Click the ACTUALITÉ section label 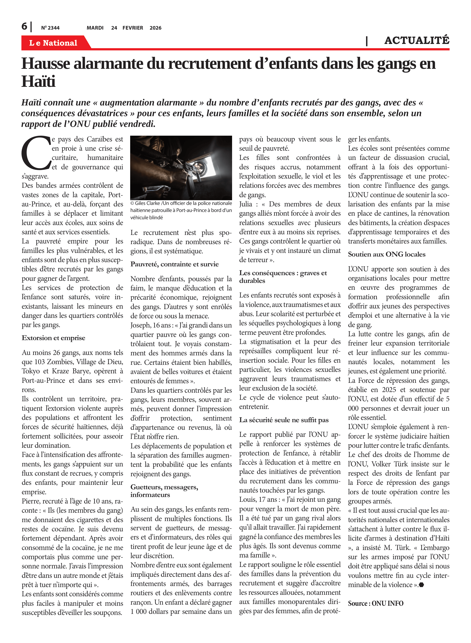(417, 40)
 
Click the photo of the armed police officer (181, 168)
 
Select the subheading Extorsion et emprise (53, 338)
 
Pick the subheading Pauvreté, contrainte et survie (174, 264)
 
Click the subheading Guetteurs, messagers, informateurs (164, 491)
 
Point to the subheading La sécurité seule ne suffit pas (284, 420)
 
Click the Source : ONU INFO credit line (376, 603)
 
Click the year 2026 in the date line (155, 28)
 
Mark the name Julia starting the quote (246, 204)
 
